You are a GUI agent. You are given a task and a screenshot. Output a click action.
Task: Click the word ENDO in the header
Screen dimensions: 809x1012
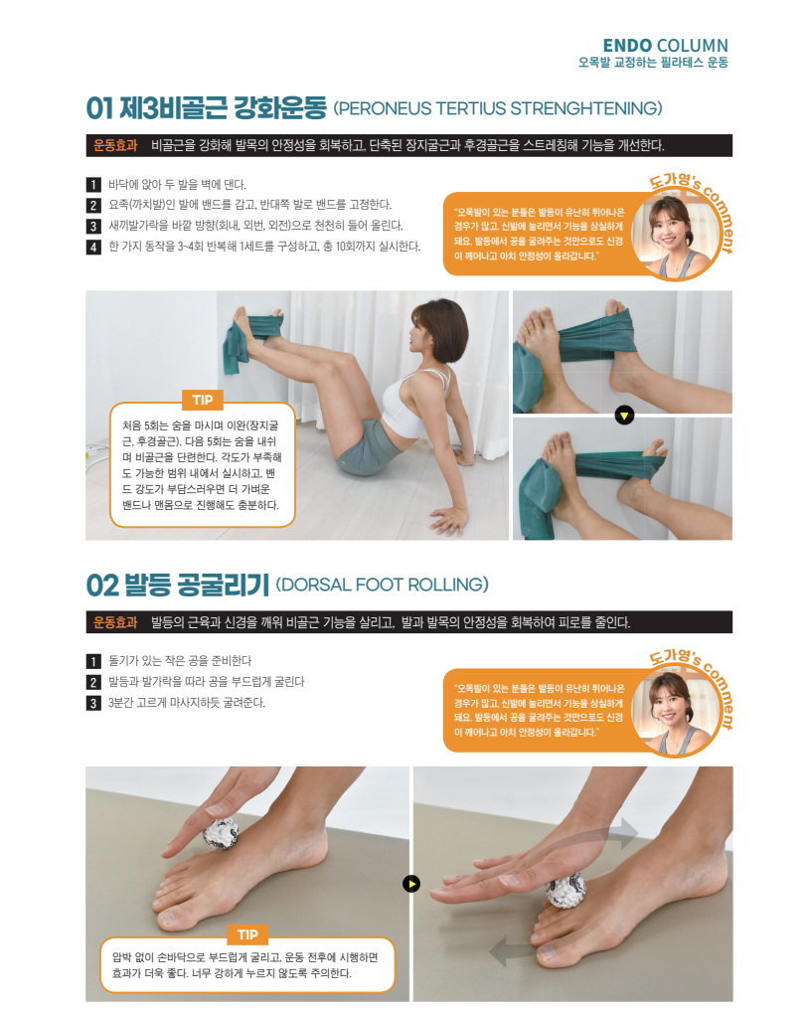[627, 46]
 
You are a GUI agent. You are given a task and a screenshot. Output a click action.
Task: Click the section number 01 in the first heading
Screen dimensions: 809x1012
[99, 108]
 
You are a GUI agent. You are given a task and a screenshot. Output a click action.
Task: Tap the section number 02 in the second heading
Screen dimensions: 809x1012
[102, 586]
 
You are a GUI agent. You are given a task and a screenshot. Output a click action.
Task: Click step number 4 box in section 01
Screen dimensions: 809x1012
[93, 247]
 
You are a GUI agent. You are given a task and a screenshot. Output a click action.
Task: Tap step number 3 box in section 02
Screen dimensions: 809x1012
[93, 703]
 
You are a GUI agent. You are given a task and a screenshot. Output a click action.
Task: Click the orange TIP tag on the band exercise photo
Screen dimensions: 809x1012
[203, 401]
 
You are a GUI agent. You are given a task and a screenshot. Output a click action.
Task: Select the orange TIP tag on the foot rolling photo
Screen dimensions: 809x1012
[247, 934]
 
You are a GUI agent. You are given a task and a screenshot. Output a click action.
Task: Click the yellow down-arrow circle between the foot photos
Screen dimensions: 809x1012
[624, 415]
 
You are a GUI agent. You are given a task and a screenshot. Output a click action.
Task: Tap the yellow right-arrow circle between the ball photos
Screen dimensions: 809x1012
[411, 884]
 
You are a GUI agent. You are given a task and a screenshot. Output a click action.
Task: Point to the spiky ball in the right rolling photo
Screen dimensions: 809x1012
[566, 891]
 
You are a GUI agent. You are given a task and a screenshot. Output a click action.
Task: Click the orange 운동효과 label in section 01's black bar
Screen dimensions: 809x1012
[115, 146]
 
